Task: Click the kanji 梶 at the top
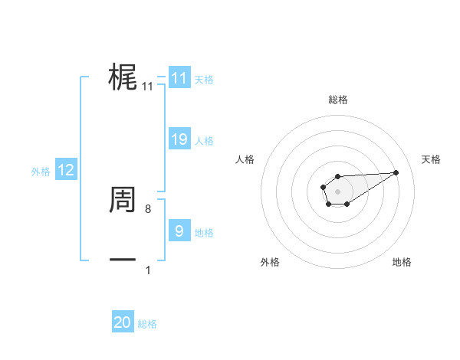pos(123,78)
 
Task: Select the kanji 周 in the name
pos(123,201)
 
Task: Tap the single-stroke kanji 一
pos(123,260)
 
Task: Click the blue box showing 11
pos(179,78)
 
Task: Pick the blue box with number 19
pos(179,139)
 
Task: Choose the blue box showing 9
pos(179,231)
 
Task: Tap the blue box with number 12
pos(66,170)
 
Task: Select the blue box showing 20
pos(123,322)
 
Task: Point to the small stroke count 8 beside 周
pos(148,208)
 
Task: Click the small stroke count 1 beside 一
pos(148,270)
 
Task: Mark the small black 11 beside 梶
pos(148,87)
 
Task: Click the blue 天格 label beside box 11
pos(204,79)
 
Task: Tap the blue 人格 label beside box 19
pos(204,141)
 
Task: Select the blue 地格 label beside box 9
pos(204,232)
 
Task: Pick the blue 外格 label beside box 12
pos(41,172)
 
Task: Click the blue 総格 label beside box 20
pos(147,324)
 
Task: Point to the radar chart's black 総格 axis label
pos(338,100)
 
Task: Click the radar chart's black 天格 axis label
pos(431,159)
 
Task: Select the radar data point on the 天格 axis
pos(396,172)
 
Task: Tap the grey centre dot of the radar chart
pos(338,191)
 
